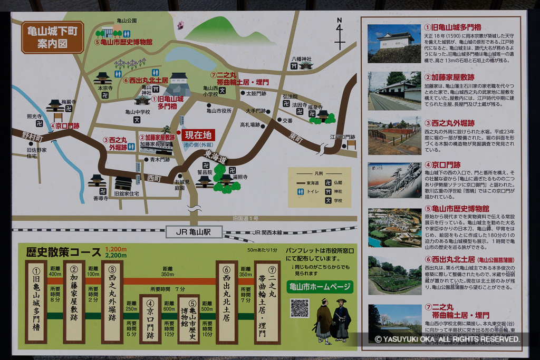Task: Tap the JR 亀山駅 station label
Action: pos(194,231)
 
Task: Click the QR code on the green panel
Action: pos(300,308)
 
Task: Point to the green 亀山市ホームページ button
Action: pos(321,287)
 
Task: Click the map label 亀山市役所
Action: pos(219,111)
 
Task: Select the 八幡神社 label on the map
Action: pos(302,59)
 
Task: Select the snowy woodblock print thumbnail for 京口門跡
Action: pos(394,180)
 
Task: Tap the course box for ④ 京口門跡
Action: pos(150,318)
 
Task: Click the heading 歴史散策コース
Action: pos(63,251)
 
